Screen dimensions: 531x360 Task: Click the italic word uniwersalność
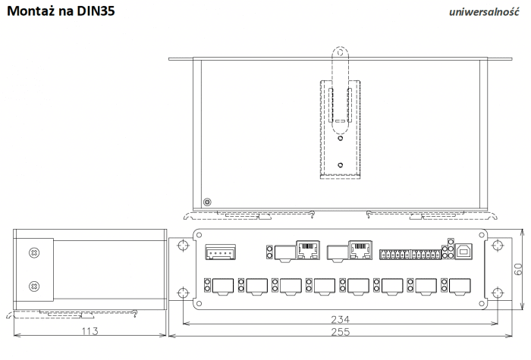coord(484,12)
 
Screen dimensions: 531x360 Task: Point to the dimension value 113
coord(90,330)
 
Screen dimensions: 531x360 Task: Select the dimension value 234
coord(340,319)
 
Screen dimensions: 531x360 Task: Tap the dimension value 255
coord(340,332)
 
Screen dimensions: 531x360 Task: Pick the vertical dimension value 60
coord(519,269)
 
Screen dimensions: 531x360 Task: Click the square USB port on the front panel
coord(464,252)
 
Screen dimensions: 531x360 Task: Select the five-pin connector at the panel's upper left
coord(220,252)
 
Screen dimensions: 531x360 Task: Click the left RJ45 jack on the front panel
coord(308,250)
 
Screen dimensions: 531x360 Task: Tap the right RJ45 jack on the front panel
coord(360,250)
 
